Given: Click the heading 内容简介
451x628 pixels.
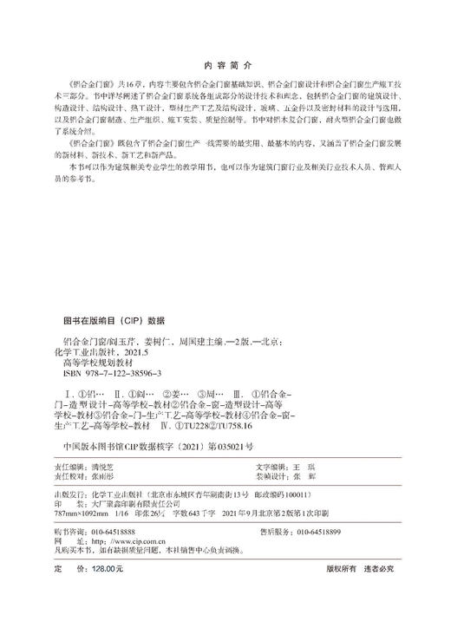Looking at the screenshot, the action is click(x=225, y=63).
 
